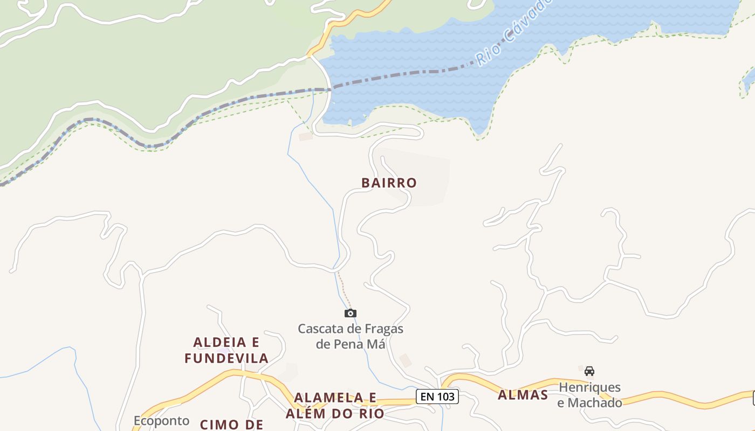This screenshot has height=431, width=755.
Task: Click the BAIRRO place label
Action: click(x=389, y=183)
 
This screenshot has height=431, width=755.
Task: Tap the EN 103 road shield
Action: click(x=437, y=397)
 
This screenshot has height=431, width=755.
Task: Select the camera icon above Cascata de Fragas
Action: click(x=351, y=313)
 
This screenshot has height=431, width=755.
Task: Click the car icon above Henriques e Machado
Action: click(x=589, y=371)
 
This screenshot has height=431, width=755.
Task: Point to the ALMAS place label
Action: click(x=523, y=395)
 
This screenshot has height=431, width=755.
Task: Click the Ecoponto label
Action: click(x=161, y=420)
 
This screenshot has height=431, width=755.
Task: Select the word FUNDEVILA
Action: click(x=226, y=358)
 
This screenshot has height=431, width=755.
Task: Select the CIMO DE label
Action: click(x=231, y=425)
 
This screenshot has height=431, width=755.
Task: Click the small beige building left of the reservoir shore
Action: click(x=306, y=136)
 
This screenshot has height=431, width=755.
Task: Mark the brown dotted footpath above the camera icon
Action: click(x=344, y=288)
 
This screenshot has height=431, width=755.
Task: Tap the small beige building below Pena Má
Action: click(x=406, y=360)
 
